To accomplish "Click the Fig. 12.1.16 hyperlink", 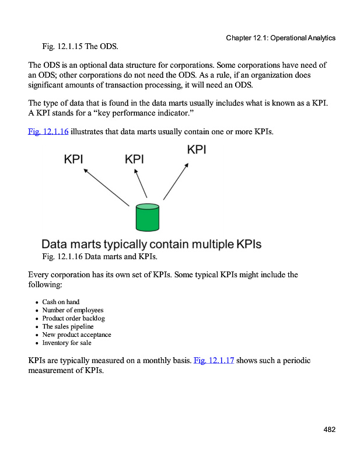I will [x=48, y=132].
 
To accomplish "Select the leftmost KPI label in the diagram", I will [x=74, y=159].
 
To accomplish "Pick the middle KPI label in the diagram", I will [x=135, y=159].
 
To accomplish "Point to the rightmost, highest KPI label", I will [x=197, y=149].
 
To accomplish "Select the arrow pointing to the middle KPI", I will [x=141, y=183].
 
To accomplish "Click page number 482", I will [x=329, y=430].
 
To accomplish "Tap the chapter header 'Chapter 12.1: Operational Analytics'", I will [x=280, y=38].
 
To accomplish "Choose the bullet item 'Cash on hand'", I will [x=61, y=302].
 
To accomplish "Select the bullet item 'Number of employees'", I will [x=72, y=310].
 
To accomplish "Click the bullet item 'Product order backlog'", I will [x=74, y=318].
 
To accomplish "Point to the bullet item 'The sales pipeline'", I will [x=68, y=326].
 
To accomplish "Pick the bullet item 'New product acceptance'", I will [x=76, y=334].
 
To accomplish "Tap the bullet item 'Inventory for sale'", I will [x=67, y=343].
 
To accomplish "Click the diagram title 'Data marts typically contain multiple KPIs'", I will [x=152, y=244].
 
